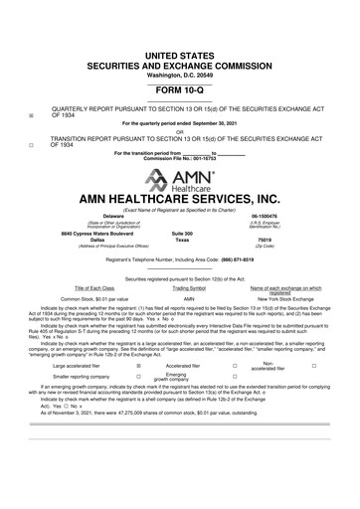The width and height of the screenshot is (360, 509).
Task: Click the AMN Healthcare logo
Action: pos(180,178)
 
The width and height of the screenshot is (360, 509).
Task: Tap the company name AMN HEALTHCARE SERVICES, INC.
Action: pos(180,197)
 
